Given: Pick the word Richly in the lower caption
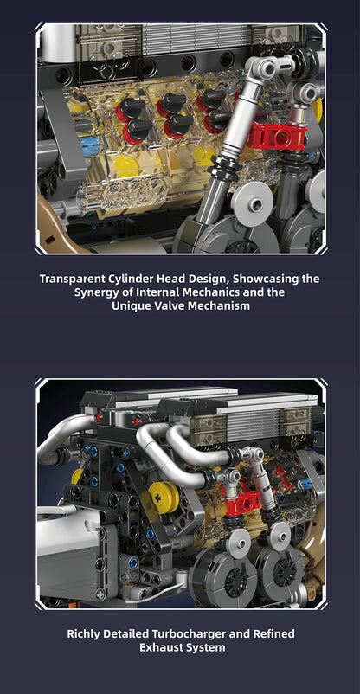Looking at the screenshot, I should [85, 633].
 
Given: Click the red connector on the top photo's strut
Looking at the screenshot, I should [274, 135].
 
